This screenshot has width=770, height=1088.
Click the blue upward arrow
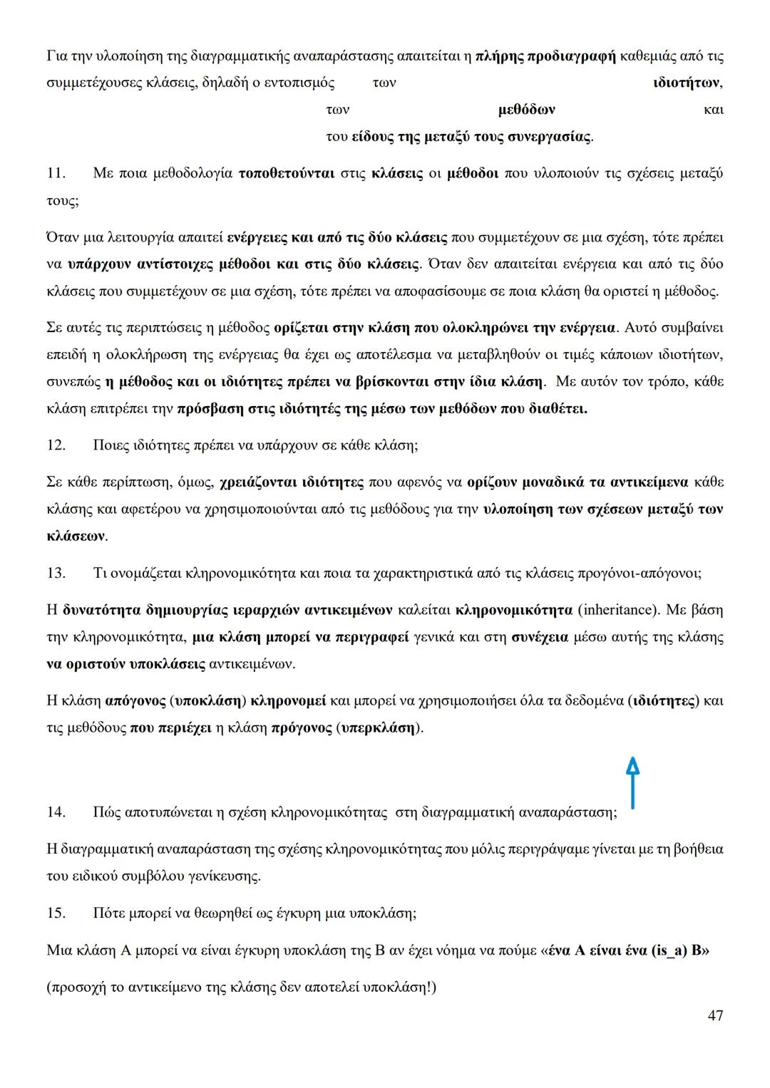coord(632,782)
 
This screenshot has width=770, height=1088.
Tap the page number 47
coord(715,1015)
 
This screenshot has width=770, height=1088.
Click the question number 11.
coord(56,173)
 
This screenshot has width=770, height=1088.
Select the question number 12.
coord(56,445)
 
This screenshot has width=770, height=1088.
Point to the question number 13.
coord(56,573)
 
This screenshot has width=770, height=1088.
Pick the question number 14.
coord(56,812)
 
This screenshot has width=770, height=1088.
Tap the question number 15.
coord(56,913)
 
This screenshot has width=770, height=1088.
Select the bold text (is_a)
coord(669,950)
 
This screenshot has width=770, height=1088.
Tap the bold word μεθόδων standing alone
coord(526,110)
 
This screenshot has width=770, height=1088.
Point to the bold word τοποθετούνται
coord(287,173)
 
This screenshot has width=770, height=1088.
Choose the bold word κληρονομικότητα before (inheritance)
coord(513,610)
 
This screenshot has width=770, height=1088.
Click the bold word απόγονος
coord(135,700)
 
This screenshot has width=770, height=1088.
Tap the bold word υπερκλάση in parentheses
coord(379,728)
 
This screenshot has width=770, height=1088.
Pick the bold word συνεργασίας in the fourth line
coord(548,137)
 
